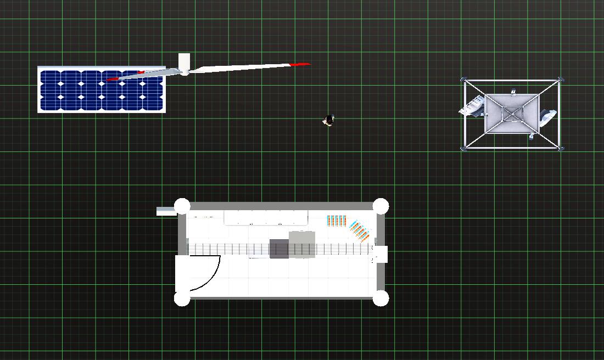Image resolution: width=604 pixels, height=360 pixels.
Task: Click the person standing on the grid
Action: pyautogui.click(x=328, y=120)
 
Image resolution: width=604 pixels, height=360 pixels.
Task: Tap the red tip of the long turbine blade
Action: pyautogui.click(x=300, y=64)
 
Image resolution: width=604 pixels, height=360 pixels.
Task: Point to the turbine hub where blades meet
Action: pyautogui.click(x=185, y=71)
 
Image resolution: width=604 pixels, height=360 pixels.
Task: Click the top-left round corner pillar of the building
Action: pyautogui.click(x=182, y=206)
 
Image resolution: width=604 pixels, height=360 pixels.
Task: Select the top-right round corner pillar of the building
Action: pyautogui.click(x=381, y=206)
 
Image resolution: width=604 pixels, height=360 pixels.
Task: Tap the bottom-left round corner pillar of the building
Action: pyautogui.click(x=182, y=298)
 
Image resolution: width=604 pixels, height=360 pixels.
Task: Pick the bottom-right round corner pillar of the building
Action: pyautogui.click(x=381, y=298)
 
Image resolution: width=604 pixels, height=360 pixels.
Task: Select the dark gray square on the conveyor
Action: pyautogui.click(x=279, y=249)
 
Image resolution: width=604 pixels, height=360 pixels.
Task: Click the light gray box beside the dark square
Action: pyautogui.click(x=301, y=244)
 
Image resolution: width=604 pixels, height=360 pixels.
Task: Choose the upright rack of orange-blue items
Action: pyautogui.click(x=337, y=221)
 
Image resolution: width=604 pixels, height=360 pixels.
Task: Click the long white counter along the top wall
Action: pyautogui.click(x=266, y=218)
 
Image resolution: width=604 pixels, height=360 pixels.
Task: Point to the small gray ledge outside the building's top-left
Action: pyautogui.click(x=166, y=211)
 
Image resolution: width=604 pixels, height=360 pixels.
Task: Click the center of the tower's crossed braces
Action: pyautogui.click(x=512, y=114)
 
